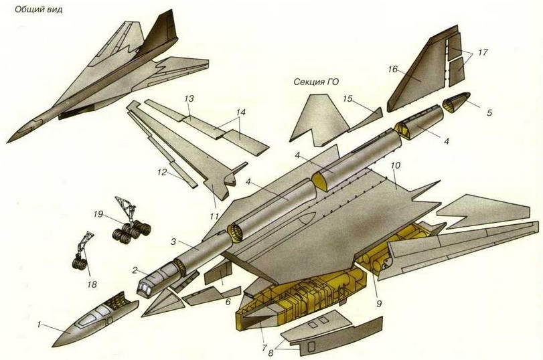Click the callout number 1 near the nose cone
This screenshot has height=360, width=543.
(x=40, y=325)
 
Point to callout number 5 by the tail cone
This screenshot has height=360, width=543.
(x=489, y=112)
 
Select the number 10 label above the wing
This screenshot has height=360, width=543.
(x=395, y=164)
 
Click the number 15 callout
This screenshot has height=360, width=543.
(x=347, y=98)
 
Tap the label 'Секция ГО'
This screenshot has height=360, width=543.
(x=316, y=82)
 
